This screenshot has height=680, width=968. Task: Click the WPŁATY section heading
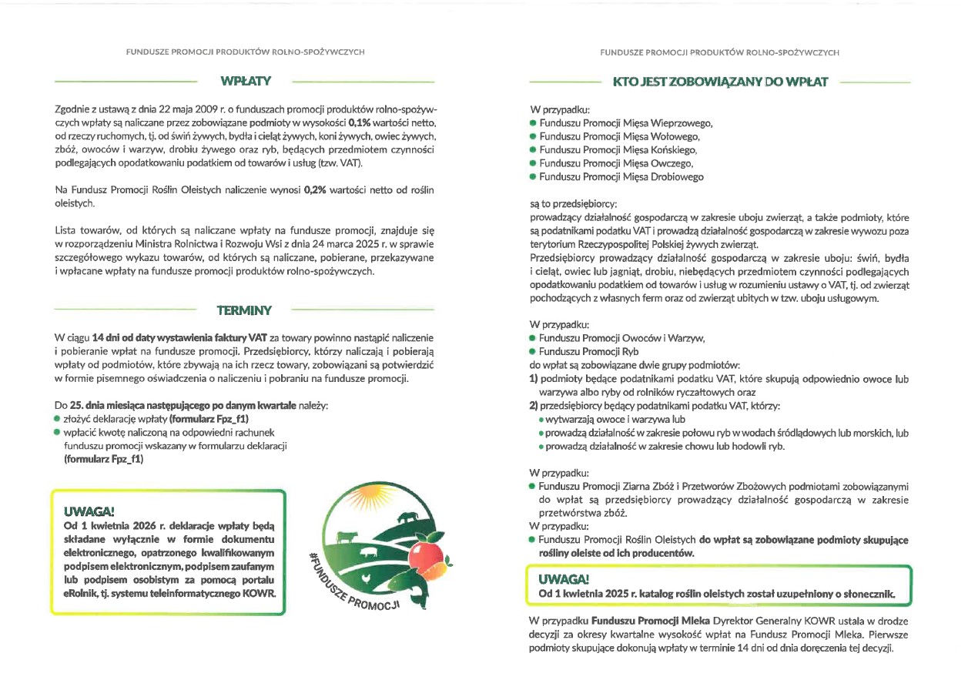point(245,80)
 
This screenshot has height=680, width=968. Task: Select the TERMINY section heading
point(244,310)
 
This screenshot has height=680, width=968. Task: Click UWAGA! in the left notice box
point(89,511)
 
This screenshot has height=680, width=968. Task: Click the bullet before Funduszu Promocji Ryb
point(532,351)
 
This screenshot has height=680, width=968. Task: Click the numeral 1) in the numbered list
point(533,379)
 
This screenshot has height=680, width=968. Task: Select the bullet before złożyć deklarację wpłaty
point(56,418)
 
